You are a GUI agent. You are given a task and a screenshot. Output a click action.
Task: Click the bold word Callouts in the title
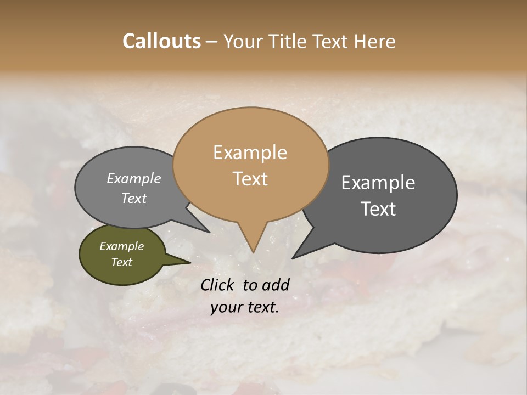161,41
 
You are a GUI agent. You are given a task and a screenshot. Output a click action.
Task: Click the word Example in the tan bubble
250,153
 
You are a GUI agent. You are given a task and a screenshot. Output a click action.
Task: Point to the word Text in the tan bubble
250,179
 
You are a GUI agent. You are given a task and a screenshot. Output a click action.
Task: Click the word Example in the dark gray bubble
378,183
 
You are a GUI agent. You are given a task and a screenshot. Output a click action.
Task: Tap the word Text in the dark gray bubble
378,209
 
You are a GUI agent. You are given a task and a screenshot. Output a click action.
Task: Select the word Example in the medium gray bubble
134,179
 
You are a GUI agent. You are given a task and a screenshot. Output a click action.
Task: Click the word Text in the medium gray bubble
134,198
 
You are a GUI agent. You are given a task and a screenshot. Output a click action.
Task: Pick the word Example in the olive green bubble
121,246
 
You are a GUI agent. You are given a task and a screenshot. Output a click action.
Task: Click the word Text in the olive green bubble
121,262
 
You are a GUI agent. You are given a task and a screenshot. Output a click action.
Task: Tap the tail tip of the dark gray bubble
293,258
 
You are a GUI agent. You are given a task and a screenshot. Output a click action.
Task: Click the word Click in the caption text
218,285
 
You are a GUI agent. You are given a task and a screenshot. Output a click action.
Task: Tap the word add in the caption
276,285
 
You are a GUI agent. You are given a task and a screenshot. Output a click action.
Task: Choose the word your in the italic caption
225,307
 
